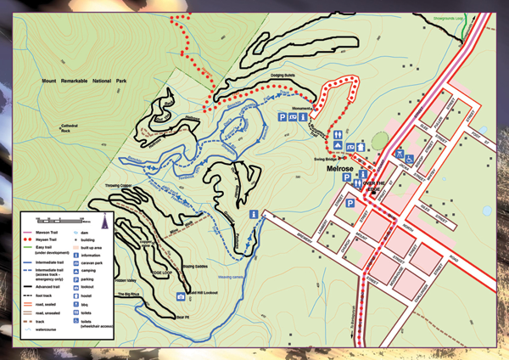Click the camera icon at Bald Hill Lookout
181,296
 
